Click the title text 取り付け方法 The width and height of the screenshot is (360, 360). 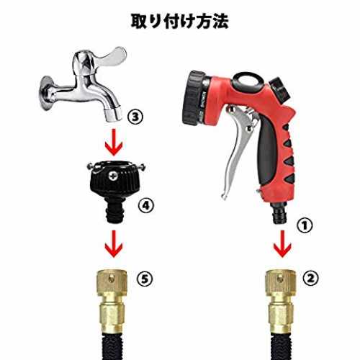click(179, 22)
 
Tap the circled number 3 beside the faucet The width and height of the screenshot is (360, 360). click(135, 117)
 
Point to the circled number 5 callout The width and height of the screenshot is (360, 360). click(145, 279)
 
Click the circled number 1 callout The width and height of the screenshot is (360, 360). click(305, 225)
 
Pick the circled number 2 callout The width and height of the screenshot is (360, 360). click(310, 279)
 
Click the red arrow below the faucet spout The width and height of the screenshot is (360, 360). click(114, 142)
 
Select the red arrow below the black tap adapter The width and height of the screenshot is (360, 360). click(114, 244)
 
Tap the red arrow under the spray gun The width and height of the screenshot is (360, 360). click(282, 244)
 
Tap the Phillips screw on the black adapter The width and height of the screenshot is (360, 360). click(113, 176)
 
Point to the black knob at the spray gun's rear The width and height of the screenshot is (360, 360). click(279, 88)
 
